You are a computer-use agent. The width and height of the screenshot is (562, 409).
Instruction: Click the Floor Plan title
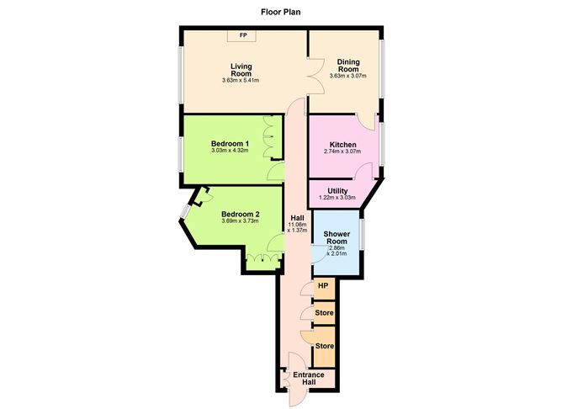(x=280, y=13)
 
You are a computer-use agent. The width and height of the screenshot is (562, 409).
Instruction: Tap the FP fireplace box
(x=243, y=35)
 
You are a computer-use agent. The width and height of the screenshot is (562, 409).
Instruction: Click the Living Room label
(x=241, y=69)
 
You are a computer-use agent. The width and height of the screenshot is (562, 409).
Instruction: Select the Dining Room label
(x=348, y=66)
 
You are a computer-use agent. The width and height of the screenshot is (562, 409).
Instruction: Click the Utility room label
(x=337, y=191)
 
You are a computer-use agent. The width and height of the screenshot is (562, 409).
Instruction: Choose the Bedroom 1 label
(x=229, y=144)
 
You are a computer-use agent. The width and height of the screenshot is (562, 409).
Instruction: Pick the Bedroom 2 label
(x=240, y=215)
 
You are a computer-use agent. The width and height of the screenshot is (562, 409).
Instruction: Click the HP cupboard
(x=322, y=287)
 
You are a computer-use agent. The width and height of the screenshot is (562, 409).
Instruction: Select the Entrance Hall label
(x=302, y=378)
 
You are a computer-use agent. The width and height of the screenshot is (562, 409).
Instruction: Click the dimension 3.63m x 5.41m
(x=241, y=81)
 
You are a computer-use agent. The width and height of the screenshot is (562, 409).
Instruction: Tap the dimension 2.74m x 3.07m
(x=342, y=152)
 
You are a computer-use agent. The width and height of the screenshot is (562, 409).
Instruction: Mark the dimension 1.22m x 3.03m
(x=337, y=199)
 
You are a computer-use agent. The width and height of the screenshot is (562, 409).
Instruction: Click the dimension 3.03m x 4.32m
(x=229, y=151)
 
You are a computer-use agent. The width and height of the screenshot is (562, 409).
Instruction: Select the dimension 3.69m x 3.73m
(x=240, y=222)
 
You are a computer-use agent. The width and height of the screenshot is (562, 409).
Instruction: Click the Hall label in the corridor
(x=296, y=217)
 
